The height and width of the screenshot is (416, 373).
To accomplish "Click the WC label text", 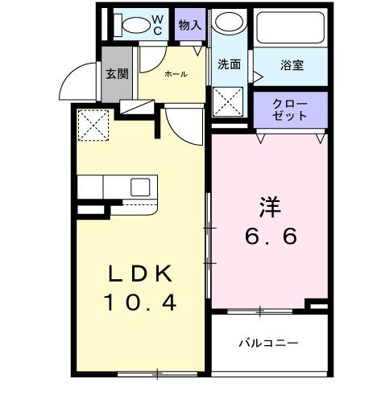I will coord(158,24).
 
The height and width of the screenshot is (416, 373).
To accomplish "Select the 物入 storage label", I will coord(190,25).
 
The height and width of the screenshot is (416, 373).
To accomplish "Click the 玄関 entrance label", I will coord(117,74).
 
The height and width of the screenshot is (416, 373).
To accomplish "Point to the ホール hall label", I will coord(176,74).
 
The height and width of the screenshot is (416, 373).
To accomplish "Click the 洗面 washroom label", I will coord(230,65).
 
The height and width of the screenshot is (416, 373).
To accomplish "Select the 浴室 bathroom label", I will coord(292,65).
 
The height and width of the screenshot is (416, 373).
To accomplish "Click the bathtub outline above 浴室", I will coord(290,28).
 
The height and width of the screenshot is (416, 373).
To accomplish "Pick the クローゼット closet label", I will coord(290,109).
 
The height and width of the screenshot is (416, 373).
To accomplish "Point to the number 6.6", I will coord(271,237).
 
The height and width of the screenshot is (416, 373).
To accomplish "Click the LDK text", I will coord(141,274).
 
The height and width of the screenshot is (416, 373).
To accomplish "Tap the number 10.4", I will coord(141,303).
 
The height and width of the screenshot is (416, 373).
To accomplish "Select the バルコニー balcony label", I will coord(268,343).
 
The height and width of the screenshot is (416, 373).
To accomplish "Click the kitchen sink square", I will coord(140,187).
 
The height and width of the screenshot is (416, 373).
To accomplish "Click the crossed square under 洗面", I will coord(229,103).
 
